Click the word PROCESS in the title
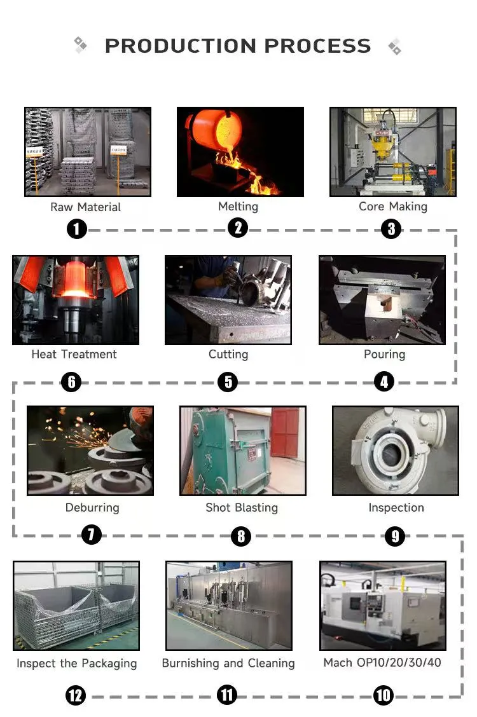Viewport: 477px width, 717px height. click(317, 46)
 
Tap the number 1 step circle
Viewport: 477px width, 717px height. click(76, 229)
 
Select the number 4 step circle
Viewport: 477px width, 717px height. click(384, 381)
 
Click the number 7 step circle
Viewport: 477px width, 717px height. click(92, 535)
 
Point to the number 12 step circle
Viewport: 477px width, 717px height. click(75, 695)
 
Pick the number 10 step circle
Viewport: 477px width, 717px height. click(384, 695)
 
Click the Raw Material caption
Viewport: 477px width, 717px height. click(85, 207)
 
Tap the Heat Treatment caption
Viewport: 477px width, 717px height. click(74, 355)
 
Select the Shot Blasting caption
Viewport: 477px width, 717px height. click(242, 508)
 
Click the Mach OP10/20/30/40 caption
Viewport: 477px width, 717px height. click(382, 663)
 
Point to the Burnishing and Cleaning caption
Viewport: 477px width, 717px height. click(228, 664)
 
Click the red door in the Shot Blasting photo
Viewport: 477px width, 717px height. click(284, 432)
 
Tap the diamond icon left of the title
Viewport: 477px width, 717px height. click(81, 44)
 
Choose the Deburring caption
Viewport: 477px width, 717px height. click(92, 508)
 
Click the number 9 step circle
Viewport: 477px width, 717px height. click(395, 536)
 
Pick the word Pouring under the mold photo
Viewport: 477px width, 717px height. click(384, 355)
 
